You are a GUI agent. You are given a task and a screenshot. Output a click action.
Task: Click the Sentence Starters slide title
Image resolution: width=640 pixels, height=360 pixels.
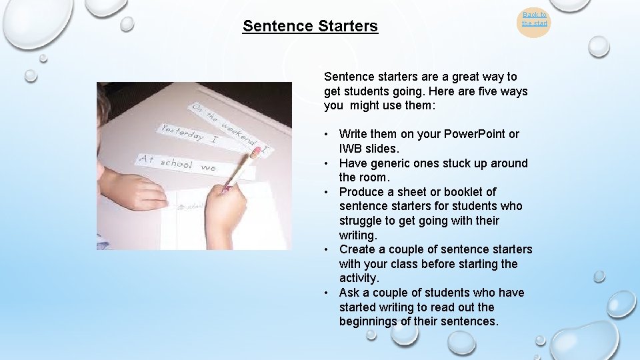click(310, 26)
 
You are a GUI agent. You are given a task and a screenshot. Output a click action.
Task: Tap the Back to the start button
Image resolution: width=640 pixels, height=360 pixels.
click(534, 19)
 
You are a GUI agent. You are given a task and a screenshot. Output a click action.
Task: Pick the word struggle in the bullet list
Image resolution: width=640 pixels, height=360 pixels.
click(362, 221)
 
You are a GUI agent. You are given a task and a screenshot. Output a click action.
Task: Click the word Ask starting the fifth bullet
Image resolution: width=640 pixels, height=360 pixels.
click(350, 293)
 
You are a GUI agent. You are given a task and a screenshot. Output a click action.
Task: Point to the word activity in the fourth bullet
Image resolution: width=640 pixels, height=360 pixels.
click(358, 278)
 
